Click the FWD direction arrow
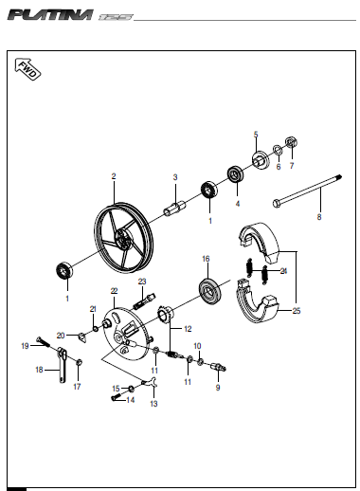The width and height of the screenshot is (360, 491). coord(27,69)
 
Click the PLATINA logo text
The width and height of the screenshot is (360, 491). coord(51,15)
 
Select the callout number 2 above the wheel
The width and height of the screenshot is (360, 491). coord(114,176)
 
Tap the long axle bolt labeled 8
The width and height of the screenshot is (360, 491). coord(308,191)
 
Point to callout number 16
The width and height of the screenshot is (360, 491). coord(206,259)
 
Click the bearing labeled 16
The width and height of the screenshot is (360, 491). coord(210,290)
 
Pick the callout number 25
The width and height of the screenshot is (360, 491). coord(297,311)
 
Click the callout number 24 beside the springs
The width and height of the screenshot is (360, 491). coord(283,271)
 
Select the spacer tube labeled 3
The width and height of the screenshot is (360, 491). coord(174,207)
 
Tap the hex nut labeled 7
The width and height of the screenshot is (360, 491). coord(292,142)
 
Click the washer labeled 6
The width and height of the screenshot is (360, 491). coord(278,149)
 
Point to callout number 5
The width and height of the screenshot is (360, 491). coord(256,135)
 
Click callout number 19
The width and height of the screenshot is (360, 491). coord(25,346)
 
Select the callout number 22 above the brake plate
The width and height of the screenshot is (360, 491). coord(114,291)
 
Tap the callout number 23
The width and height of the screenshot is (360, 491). coord(142,282)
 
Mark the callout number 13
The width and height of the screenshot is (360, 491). coord(153,404)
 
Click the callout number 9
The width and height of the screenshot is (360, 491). coord(218,388)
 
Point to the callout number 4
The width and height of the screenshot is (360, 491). coord(238,204)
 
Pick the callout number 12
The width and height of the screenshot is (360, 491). coord(188,329)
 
